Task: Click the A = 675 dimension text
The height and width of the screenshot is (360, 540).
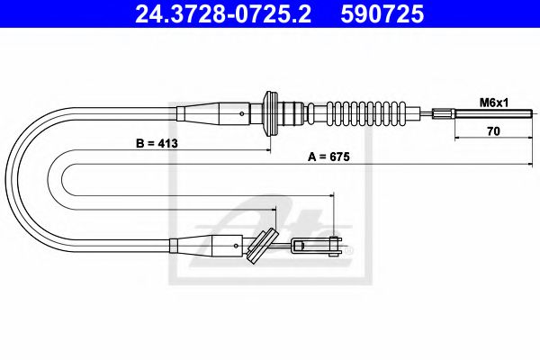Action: [x=328, y=156]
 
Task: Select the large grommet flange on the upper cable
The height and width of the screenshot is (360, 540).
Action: [x=267, y=114]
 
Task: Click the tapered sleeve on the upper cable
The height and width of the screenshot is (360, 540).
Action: [x=216, y=114]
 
